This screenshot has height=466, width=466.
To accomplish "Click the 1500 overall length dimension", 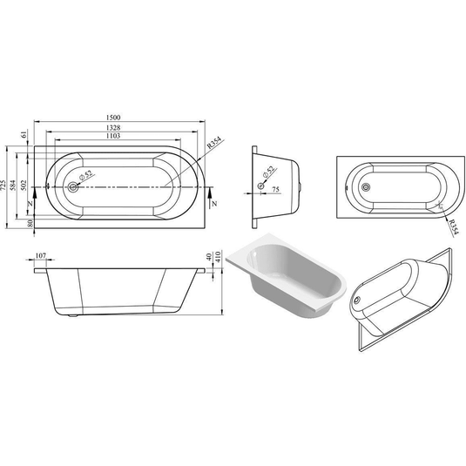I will tap(113, 119).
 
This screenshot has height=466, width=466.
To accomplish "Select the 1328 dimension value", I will tap(114, 128).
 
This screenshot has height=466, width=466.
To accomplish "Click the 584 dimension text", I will tap(15, 186).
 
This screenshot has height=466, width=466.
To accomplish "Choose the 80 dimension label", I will tap(30, 224).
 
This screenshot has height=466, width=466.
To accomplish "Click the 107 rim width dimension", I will tap(39, 258).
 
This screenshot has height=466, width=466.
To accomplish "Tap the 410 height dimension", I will tap(218, 259).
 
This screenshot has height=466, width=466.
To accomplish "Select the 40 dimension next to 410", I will tap(209, 259).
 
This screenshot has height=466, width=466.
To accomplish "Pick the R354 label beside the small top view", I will tap(453, 229).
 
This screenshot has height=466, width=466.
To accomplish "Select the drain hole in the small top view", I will tap(365, 186).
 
